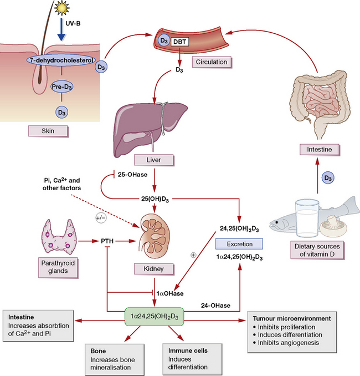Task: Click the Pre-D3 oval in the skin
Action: [x=62, y=87]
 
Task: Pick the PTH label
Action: [x=109, y=241]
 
